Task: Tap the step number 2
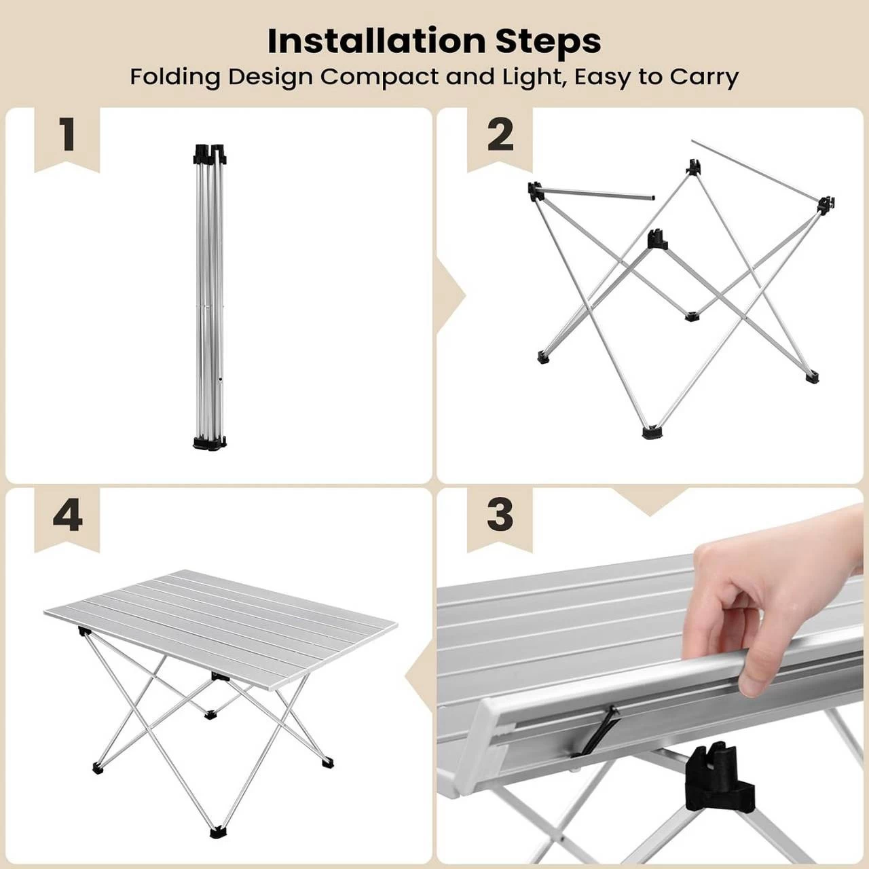(500, 134)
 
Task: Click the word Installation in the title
(376, 41)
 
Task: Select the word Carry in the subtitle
(704, 78)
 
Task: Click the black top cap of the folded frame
(210, 154)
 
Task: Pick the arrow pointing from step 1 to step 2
(451, 296)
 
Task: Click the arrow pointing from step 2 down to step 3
(651, 502)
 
